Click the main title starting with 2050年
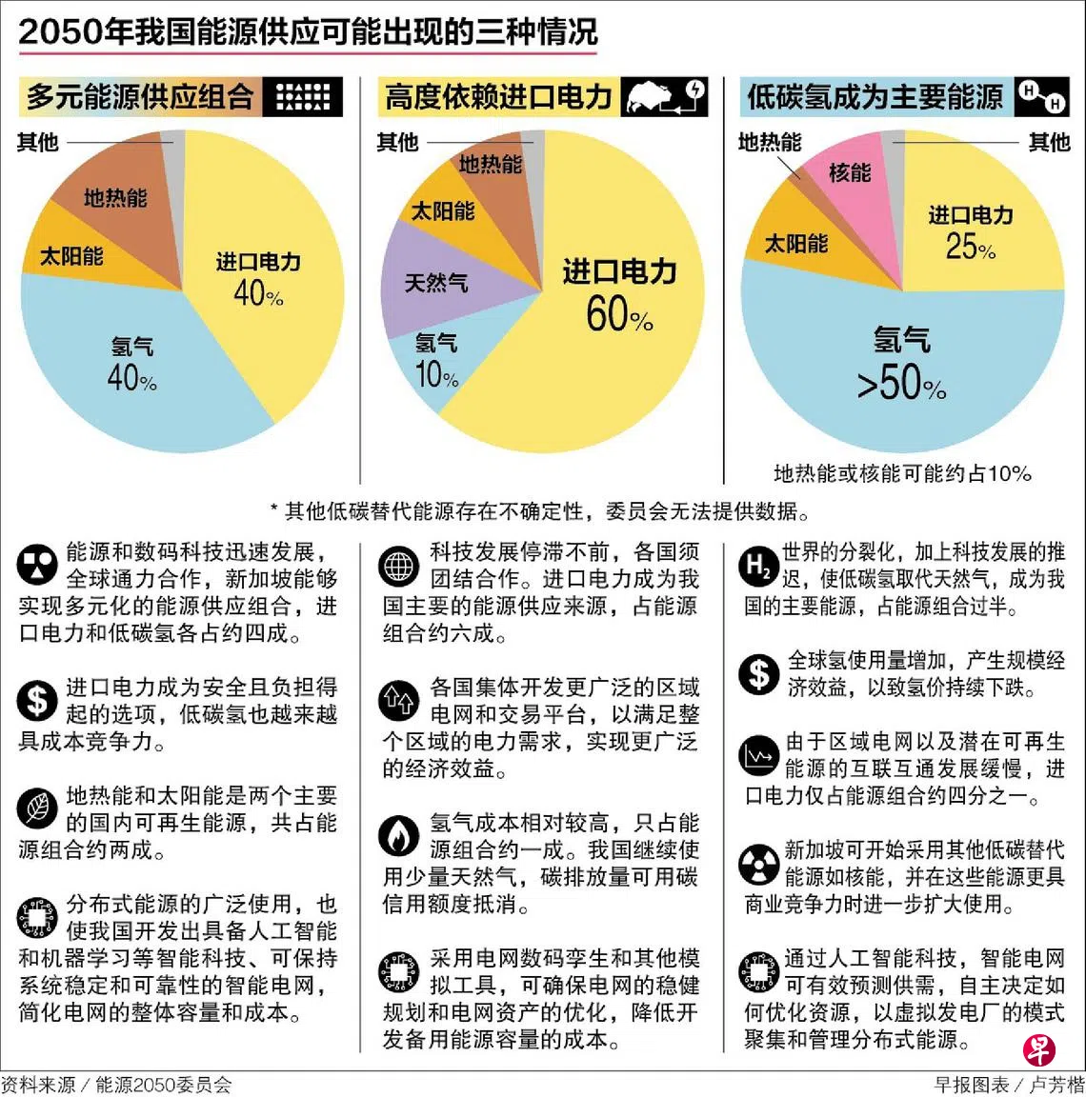pos(308,31)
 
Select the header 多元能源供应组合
pos(140,97)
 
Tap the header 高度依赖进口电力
pos(498,97)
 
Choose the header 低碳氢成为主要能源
pos(875,97)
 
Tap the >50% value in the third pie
pos(900,384)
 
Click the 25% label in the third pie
pos(970,248)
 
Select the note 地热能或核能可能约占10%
pos(901,473)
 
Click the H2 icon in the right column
pos(758,567)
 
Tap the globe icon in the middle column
pos(398,566)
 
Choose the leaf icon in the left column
pos(37,810)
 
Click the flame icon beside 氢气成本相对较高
pos(398,837)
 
